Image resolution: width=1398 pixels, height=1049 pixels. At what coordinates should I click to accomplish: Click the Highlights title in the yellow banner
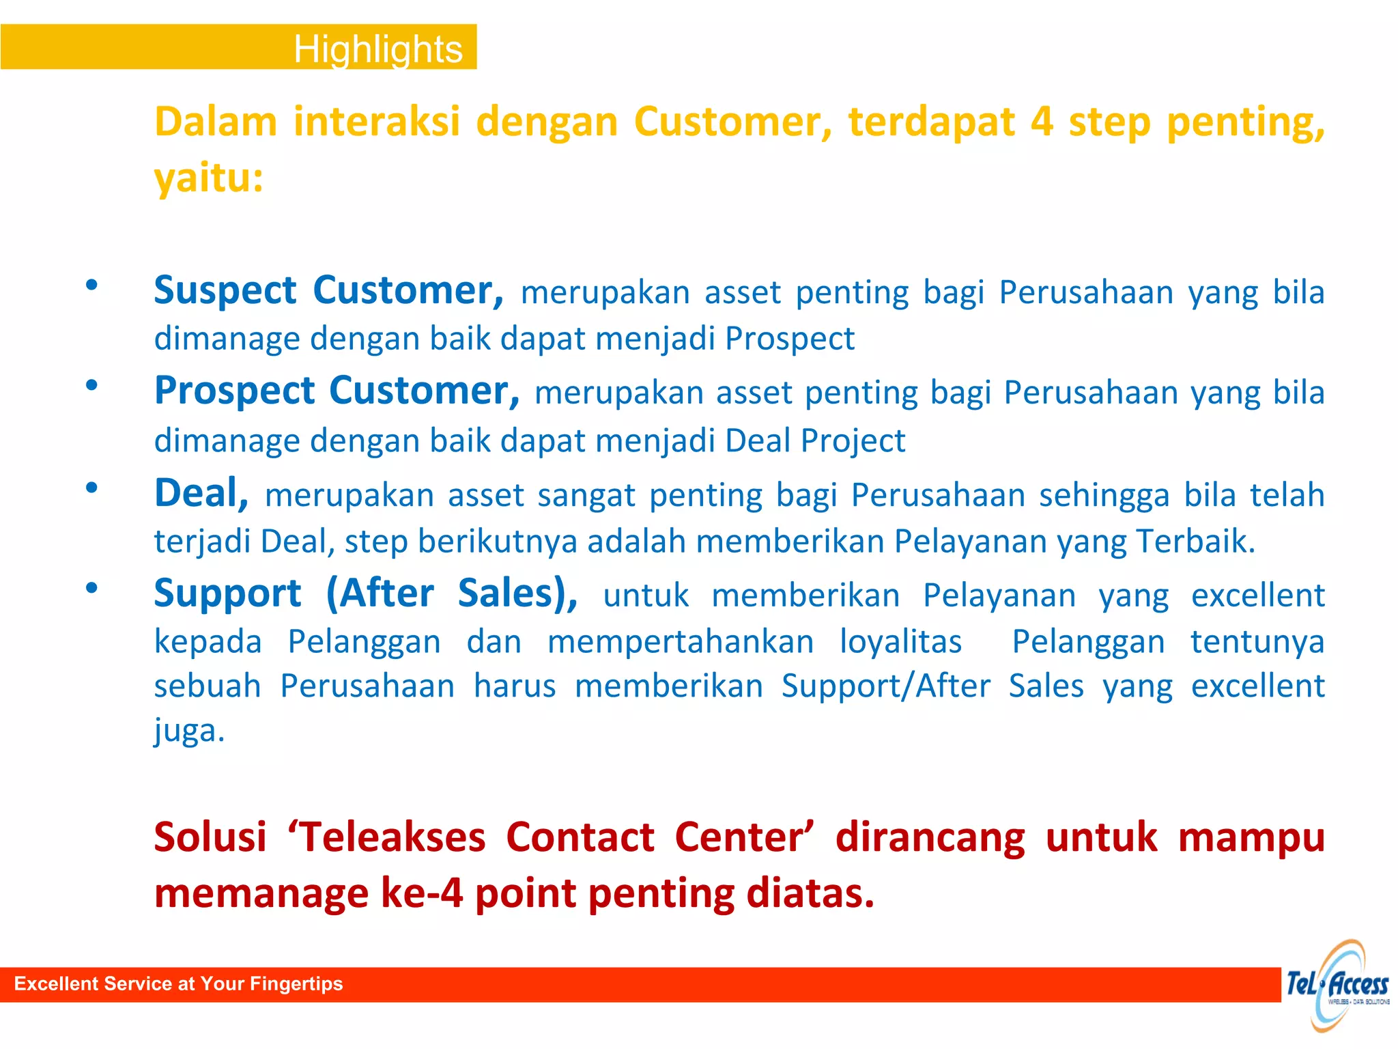377,49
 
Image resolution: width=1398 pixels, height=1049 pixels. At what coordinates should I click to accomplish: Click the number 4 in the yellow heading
1041,122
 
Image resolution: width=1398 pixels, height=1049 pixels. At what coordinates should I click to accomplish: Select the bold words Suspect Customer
328,290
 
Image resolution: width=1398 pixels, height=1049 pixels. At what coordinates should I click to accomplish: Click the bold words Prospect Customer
337,391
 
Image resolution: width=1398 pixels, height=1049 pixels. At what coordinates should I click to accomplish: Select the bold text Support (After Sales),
365,593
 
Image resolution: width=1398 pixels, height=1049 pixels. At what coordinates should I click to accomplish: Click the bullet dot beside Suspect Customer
91,285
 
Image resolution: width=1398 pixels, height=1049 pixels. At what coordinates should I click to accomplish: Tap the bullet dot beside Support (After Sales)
91,587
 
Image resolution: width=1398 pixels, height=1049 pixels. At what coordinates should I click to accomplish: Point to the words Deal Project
815,440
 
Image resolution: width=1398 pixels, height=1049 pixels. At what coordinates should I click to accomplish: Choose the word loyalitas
900,642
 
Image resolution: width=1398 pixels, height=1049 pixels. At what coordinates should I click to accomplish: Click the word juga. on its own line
189,731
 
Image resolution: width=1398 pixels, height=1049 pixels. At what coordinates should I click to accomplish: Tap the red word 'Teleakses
386,837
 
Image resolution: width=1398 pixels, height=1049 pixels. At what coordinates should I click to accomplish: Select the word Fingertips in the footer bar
296,984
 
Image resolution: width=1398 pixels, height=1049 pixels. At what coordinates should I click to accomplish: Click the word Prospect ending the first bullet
789,339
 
